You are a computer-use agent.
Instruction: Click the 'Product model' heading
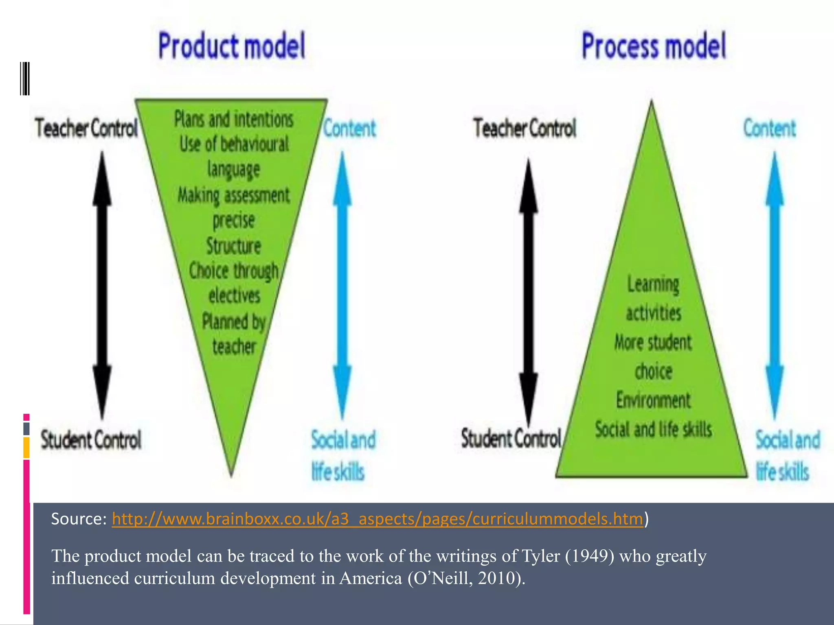point(232,46)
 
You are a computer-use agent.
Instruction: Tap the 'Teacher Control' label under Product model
point(86,128)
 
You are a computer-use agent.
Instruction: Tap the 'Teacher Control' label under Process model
point(525,128)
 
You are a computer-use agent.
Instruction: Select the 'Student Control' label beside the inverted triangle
point(91,440)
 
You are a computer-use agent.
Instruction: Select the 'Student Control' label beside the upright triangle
point(511,439)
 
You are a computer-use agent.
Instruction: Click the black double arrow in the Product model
point(102,285)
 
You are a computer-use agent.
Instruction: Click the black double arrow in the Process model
point(528,291)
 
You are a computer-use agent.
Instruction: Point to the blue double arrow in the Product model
point(342,285)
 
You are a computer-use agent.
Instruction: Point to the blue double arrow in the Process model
point(775,285)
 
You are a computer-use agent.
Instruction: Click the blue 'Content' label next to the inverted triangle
point(350,129)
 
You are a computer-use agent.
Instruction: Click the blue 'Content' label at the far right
point(769,129)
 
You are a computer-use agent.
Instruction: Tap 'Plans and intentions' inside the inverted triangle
point(234,119)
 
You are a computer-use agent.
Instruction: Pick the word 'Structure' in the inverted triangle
point(233,246)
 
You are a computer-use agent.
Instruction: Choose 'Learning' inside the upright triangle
point(653,284)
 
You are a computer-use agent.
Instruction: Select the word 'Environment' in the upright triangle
point(653,400)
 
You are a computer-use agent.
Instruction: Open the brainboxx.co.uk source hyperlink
point(377,519)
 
